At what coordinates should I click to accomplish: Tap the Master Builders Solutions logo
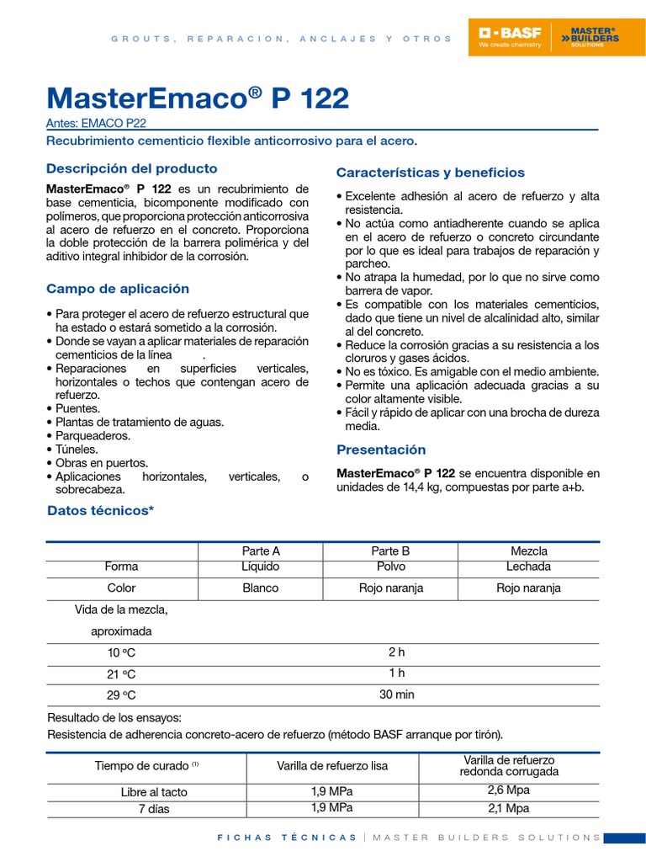pyautogui.click(x=594, y=38)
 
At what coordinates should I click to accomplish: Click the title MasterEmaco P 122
pyautogui.click(x=198, y=98)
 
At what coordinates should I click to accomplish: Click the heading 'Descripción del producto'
pyautogui.click(x=131, y=168)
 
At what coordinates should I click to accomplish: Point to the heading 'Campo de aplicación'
pyautogui.click(x=118, y=289)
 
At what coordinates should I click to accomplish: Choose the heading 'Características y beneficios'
pyautogui.click(x=430, y=173)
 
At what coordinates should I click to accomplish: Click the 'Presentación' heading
pyautogui.click(x=381, y=450)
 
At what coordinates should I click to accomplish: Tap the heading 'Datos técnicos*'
pyautogui.click(x=100, y=511)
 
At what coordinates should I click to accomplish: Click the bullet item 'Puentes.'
pyautogui.click(x=77, y=408)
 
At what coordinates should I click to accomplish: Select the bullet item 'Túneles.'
pyautogui.click(x=77, y=450)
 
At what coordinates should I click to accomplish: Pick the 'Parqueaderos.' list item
pyautogui.click(x=93, y=436)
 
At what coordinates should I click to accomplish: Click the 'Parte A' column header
pyautogui.click(x=260, y=551)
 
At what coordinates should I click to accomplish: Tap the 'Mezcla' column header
pyautogui.click(x=528, y=551)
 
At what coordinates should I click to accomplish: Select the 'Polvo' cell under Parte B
pyautogui.click(x=390, y=567)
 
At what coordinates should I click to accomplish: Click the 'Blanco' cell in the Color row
pyautogui.click(x=260, y=588)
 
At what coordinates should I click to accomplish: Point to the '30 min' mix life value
pyautogui.click(x=397, y=694)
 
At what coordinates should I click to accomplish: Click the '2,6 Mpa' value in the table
pyautogui.click(x=509, y=790)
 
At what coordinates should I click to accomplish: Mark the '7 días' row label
pyautogui.click(x=154, y=809)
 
